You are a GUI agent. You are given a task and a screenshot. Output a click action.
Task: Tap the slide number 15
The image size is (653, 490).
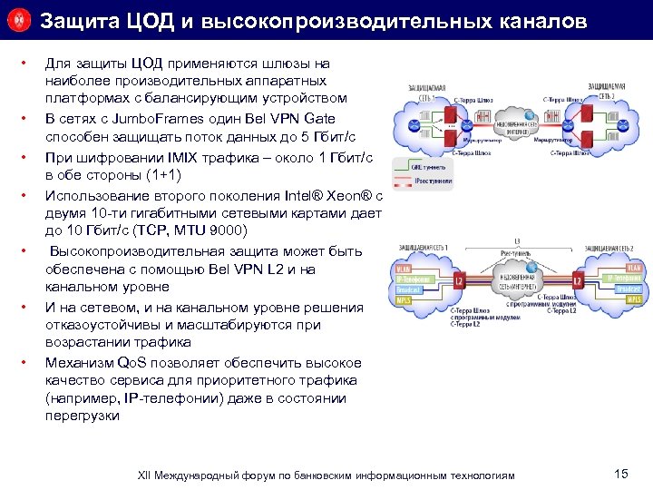click(x=621, y=474)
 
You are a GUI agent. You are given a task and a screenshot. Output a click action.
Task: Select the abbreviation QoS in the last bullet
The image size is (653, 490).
click(x=132, y=362)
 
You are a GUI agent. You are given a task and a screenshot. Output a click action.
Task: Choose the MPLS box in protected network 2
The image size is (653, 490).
click(x=634, y=299)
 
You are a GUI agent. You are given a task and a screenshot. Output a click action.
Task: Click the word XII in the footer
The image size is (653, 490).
click(x=146, y=475)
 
